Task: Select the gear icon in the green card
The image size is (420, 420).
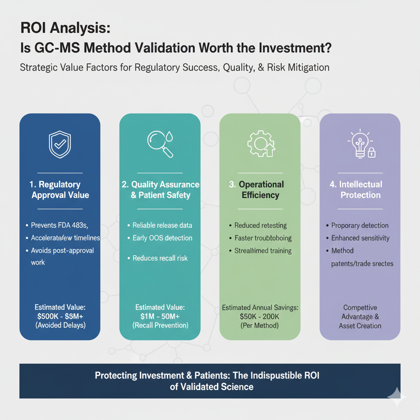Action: [259, 144]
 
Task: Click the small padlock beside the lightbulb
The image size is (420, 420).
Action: [372, 153]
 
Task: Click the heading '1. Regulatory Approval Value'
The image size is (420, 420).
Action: [60, 189]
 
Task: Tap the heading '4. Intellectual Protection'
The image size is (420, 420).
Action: [361, 189]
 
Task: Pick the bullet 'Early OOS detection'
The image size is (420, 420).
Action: [162, 238]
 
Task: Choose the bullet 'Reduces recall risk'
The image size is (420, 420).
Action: [160, 258]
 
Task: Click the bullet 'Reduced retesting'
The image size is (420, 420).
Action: [260, 225]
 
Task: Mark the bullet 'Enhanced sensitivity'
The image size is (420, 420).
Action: [360, 238]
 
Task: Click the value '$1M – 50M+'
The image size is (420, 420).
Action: [160, 316]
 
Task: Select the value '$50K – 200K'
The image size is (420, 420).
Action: [260, 317]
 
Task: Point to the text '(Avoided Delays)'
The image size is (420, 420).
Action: [60, 325]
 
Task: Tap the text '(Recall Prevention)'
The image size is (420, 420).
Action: [160, 325]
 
